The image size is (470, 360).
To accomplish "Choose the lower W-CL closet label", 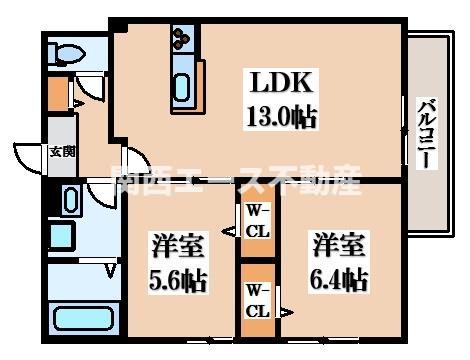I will click(x=257, y=300).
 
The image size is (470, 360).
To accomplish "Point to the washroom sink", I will click(x=71, y=199).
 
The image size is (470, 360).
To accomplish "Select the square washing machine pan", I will click(x=62, y=236).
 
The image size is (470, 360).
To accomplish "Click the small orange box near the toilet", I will click(x=58, y=92).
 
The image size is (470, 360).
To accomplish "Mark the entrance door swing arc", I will click(x=28, y=158).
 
